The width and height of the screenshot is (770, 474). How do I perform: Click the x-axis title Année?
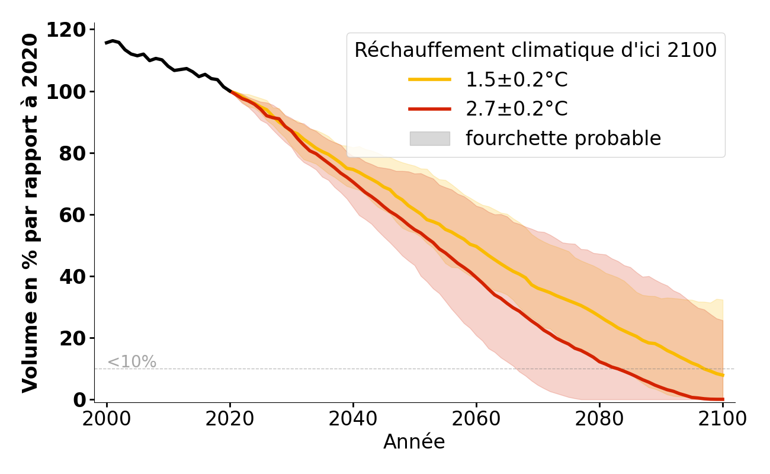414,442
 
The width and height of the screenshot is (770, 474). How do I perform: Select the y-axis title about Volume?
30,213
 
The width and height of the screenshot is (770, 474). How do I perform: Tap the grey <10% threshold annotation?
131,362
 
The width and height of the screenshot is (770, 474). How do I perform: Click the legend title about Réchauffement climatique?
535,50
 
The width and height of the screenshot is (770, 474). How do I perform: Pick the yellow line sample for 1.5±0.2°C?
429,79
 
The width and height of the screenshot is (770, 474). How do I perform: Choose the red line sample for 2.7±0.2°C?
429,109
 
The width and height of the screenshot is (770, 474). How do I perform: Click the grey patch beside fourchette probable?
429,139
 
